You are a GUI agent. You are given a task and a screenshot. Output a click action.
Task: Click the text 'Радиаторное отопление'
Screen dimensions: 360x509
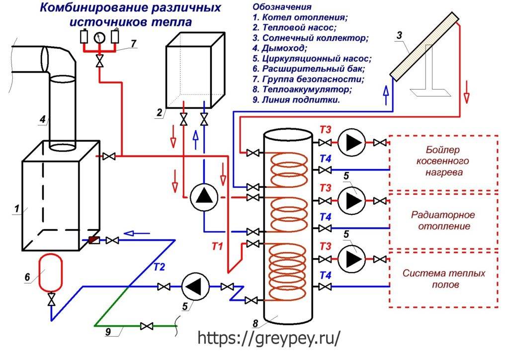tap(443, 220)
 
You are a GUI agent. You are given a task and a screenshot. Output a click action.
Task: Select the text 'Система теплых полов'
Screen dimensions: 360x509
tap(443, 279)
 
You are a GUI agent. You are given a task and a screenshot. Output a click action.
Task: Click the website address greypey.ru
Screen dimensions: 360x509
tap(269, 338)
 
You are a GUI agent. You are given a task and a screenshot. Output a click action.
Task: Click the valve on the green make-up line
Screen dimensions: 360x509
tap(146, 326)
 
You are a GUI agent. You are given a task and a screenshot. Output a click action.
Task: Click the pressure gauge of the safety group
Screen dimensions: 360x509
tap(99, 37)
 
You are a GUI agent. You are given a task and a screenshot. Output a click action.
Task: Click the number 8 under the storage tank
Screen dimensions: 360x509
tap(255, 324)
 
